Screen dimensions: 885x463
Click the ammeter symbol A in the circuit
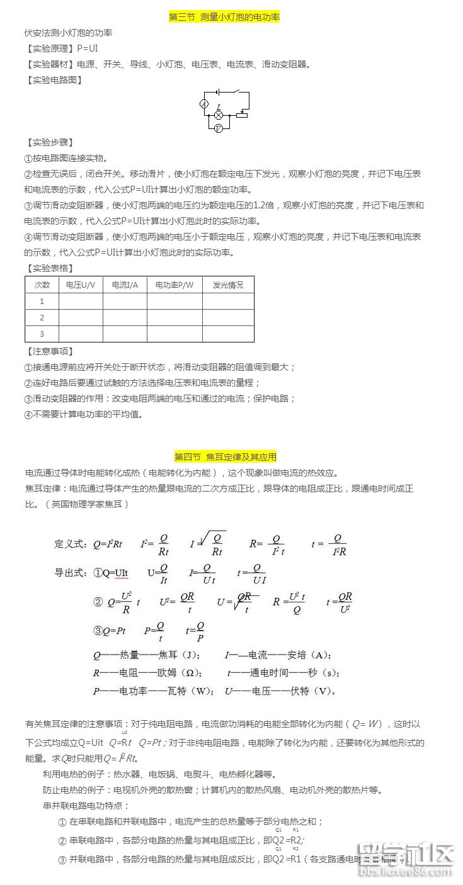(204, 104)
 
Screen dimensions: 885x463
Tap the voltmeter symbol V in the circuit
(218, 128)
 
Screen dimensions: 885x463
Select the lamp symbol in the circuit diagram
(219, 115)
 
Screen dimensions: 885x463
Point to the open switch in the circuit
(235, 92)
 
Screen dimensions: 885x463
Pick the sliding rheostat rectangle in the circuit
(241, 115)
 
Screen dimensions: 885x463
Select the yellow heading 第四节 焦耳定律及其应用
(225, 457)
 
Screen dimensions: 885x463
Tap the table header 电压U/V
(81, 285)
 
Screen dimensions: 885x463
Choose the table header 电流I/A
(125, 285)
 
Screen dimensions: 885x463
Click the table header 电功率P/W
(174, 285)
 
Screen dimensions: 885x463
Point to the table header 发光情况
(228, 285)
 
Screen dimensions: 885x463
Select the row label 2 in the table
(42, 317)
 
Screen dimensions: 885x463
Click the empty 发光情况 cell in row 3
(228, 334)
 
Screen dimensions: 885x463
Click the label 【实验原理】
(50, 48)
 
